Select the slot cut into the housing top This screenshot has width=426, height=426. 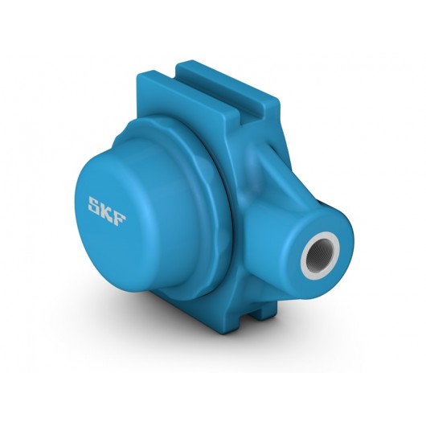(203, 83)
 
